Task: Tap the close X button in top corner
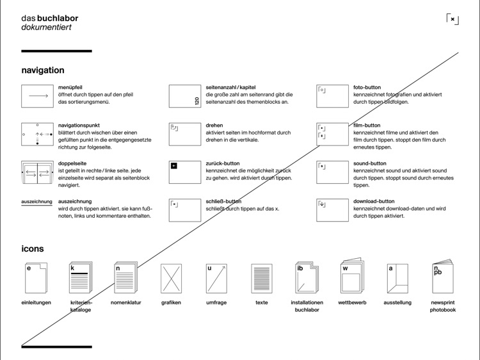pyautogui.click(x=452, y=19)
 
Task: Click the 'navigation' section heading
pyautogui.click(x=43, y=70)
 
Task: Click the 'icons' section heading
pyautogui.click(x=33, y=249)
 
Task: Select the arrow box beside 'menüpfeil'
pyautogui.click(x=38, y=96)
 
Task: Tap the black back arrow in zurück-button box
pyautogui.click(x=174, y=166)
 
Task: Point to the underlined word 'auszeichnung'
pyautogui.click(x=36, y=202)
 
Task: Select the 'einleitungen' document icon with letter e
pyautogui.click(x=36, y=279)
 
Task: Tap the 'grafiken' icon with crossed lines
pyautogui.click(x=171, y=279)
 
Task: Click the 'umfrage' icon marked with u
pyautogui.click(x=216, y=279)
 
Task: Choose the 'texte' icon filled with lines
pyautogui.click(x=262, y=279)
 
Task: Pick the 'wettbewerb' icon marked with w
pyautogui.click(x=351, y=277)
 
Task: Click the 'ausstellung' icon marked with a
pyautogui.click(x=397, y=279)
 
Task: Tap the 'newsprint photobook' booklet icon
pyautogui.click(x=442, y=277)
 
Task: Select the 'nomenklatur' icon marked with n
pyautogui.click(x=125, y=278)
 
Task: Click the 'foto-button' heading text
pyautogui.click(x=367, y=87)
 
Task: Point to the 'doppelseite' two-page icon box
pyautogui.click(x=38, y=172)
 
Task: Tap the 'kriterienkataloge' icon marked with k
pyautogui.click(x=80, y=278)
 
